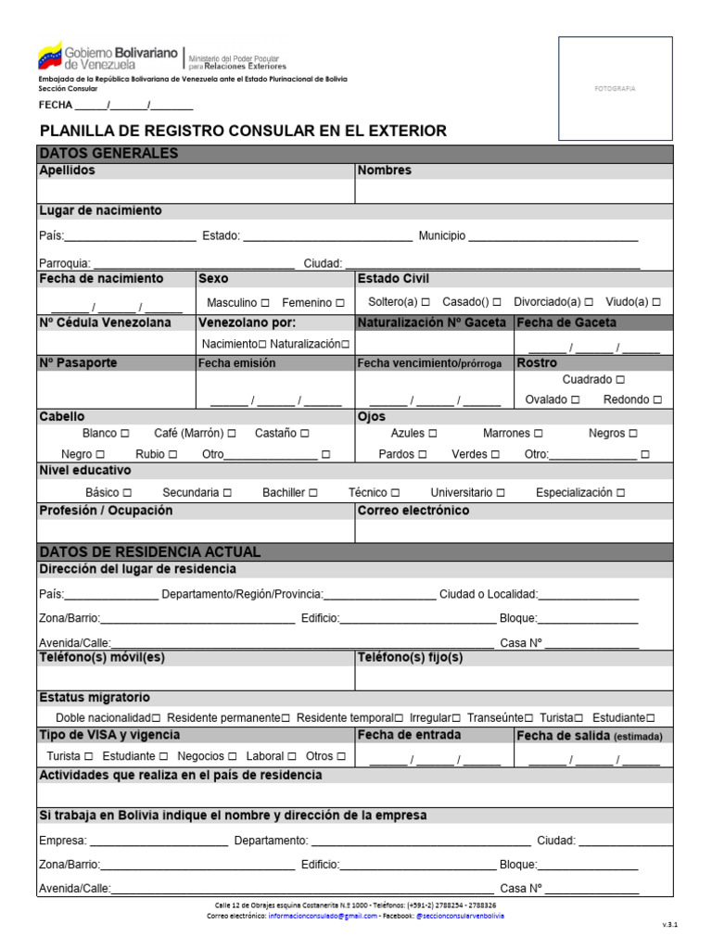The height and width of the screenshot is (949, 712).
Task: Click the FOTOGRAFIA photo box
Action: click(x=615, y=88)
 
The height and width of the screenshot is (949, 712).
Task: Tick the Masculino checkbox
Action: click(x=265, y=303)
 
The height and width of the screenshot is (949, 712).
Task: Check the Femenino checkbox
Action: click(x=340, y=303)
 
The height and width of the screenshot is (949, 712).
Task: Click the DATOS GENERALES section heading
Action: click(x=108, y=154)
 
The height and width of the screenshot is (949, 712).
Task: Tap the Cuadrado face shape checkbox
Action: click(x=620, y=380)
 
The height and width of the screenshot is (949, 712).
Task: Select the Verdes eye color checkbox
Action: click(x=495, y=454)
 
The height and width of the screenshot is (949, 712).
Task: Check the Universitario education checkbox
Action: click(x=501, y=493)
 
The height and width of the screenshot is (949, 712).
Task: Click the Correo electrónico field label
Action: click(x=413, y=511)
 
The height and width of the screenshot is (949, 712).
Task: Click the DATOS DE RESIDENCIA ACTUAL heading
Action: click(x=149, y=552)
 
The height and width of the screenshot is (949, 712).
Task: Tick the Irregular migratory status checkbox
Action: click(x=455, y=718)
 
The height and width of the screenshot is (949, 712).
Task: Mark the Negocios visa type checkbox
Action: click(x=233, y=756)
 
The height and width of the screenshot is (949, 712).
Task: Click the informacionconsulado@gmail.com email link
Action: click(x=323, y=916)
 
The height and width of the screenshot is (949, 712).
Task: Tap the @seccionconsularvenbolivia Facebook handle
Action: click(x=460, y=916)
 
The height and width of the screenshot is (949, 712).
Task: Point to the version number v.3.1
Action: click(x=669, y=925)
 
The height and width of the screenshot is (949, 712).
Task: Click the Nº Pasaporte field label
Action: click(x=78, y=363)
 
